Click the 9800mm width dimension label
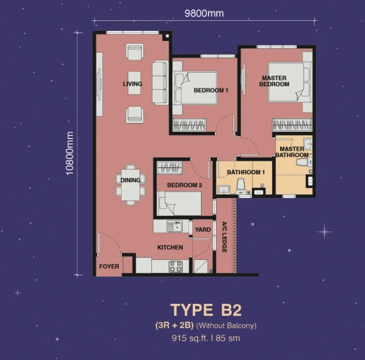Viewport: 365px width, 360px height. tap(204, 13)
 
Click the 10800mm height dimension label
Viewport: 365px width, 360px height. tap(70, 153)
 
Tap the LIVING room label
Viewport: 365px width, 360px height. tap(132, 84)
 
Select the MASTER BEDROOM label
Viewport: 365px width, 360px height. tap(274, 81)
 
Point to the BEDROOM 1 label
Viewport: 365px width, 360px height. tap(211, 91)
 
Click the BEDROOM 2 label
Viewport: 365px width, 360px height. tap(184, 185)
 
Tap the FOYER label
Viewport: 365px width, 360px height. tap(109, 266)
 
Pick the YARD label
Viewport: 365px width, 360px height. tap(203, 230)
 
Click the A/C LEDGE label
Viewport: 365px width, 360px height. tap(225, 237)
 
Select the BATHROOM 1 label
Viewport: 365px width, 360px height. tap(245, 172)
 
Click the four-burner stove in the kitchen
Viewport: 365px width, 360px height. tap(176, 266)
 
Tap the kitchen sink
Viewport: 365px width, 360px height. tap(175, 226)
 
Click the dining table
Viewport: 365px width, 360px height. tap(130, 185)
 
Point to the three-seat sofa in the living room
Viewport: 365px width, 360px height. tap(161, 83)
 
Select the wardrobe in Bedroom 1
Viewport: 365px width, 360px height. tap(189, 125)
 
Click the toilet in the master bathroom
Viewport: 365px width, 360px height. tap(305, 162)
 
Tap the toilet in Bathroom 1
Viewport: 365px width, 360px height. tap(240, 186)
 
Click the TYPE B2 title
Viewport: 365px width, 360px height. tap(206, 310)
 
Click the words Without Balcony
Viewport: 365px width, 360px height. tap(226, 325)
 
